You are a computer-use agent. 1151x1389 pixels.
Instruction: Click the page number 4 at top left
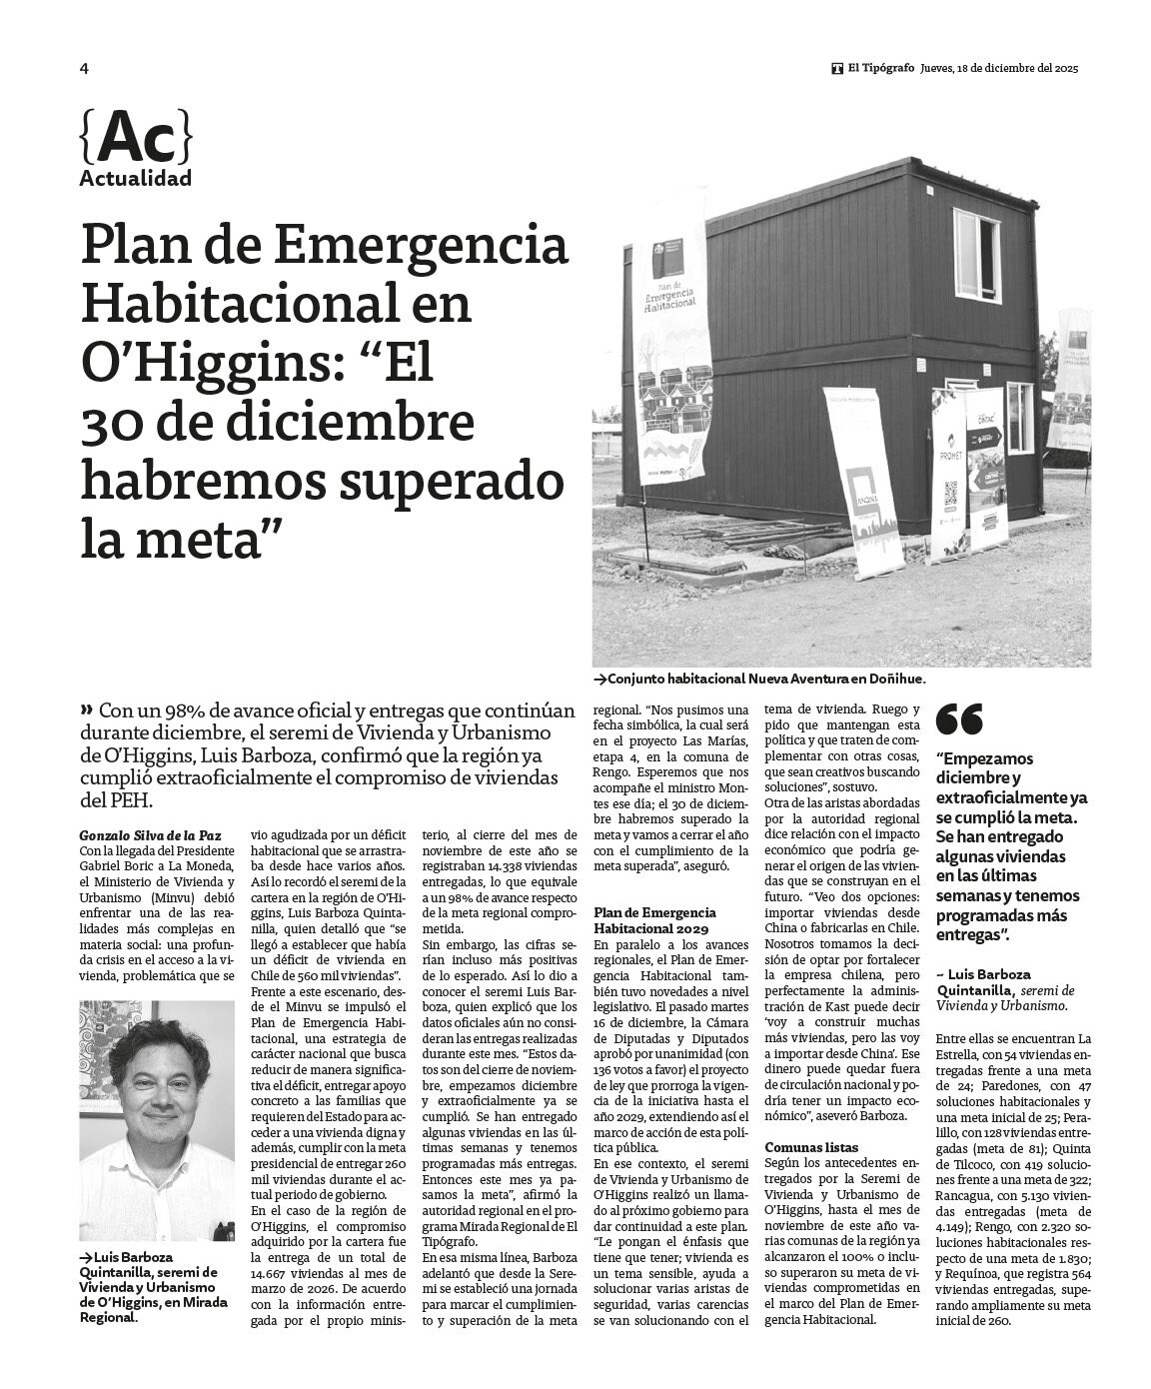click(84, 69)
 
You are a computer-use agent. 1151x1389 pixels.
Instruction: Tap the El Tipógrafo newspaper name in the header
click(880, 69)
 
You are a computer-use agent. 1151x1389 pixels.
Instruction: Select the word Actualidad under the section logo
click(135, 180)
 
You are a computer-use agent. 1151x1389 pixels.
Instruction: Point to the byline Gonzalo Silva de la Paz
click(150, 835)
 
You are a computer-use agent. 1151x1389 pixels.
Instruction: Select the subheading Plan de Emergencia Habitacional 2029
click(655, 919)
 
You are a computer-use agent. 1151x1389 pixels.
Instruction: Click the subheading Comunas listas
click(811, 1147)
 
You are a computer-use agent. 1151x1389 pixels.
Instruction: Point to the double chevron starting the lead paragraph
click(86, 710)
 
